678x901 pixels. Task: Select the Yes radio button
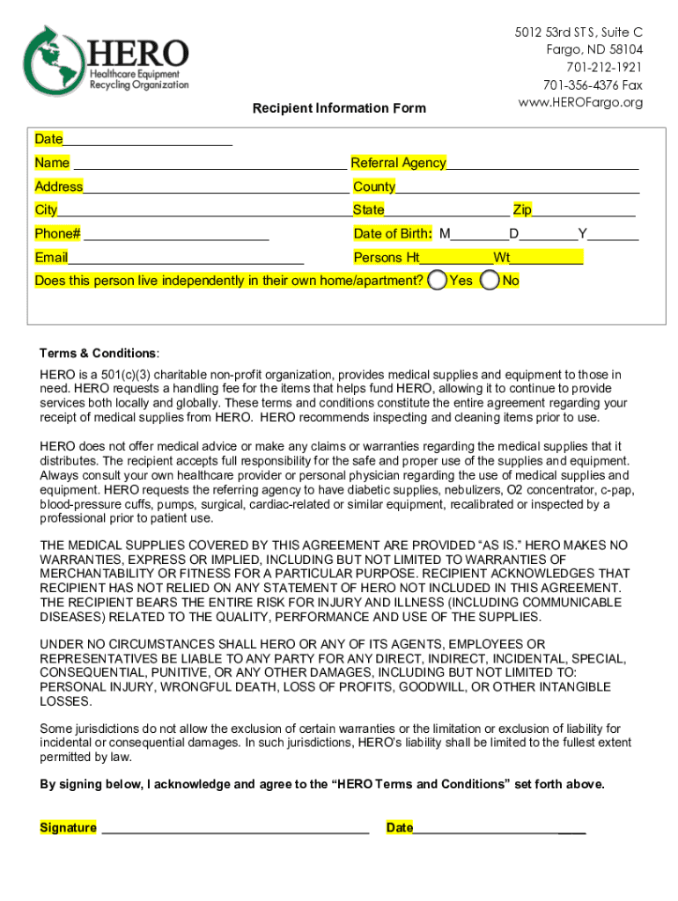[x=437, y=281]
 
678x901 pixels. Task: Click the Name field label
[x=52, y=163]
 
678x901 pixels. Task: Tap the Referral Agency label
[x=398, y=163]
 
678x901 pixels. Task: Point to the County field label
[x=374, y=187]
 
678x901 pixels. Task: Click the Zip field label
[x=522, y=209]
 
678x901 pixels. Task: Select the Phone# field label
[x=58, y=233]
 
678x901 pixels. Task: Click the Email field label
[x=51, y=258]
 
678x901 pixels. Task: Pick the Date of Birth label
[x=393, y=233]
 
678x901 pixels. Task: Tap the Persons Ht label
[x=387, y=258]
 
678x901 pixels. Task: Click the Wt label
[x=502, y=258]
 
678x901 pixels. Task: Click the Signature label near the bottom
[x=68, y=828]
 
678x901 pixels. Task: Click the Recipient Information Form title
[x=339, y=108]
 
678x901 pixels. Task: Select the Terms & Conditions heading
[x=99, y=353]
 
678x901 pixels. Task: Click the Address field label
[x=59, y=187]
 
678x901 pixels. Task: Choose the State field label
[x=369, y=209]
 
